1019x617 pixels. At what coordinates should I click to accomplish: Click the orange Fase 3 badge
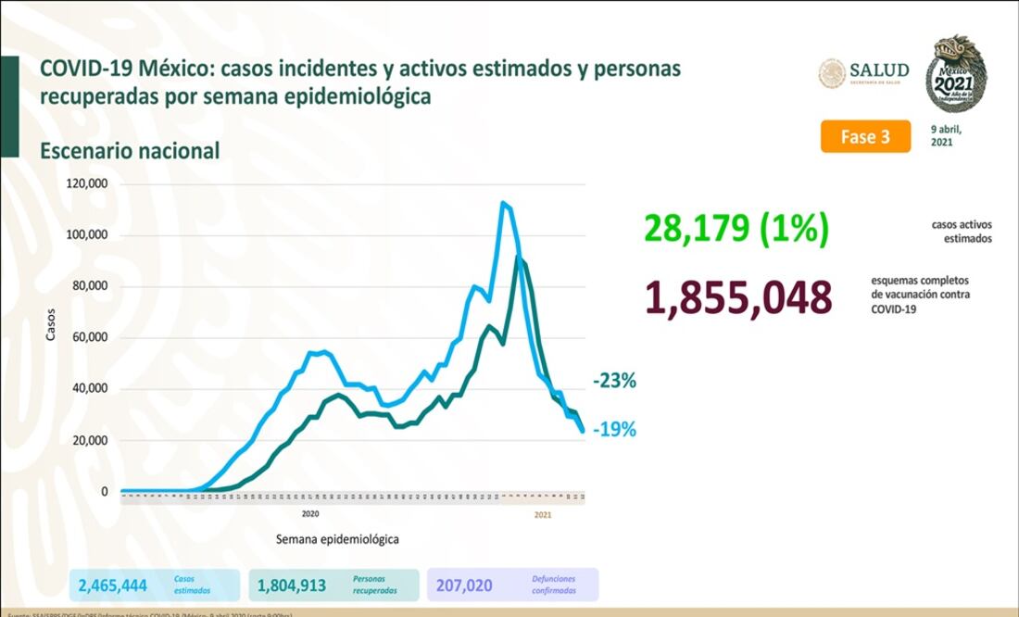click(864, 136)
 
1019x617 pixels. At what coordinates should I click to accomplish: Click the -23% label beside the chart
click(614, 381)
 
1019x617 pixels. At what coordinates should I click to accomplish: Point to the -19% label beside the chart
click(614, 430)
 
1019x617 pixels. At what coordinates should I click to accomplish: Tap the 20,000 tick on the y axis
click(91, 441)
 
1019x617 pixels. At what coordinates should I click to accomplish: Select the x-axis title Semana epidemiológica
click(337, 538)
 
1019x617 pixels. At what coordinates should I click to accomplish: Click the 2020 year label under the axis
click(310, 512)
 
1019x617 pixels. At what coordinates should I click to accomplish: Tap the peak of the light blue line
click(503, 203)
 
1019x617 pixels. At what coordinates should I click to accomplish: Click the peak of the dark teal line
click(521, 258)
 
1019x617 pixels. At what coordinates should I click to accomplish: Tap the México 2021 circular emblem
click(957, 73)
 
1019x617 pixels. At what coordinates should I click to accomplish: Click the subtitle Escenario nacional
click(130, 151)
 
